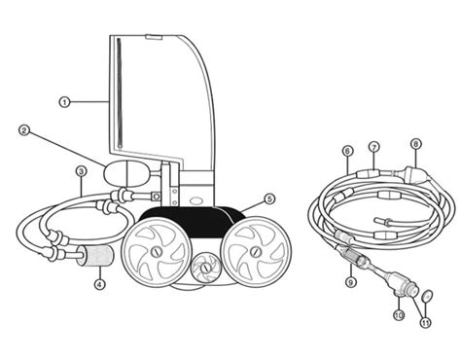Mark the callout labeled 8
pyautogui.click(x=415, y=145)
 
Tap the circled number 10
pyautogui.click(x=399, y=315)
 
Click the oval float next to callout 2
pyautogui.click(x=125, y=176)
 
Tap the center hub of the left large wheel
pyautogui.click(x=154, y=254)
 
